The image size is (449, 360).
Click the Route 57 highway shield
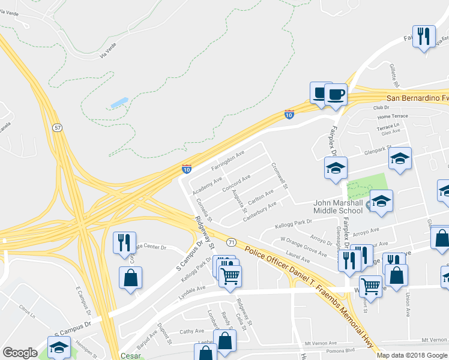coord(56,128)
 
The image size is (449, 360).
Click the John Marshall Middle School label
coord(338,206)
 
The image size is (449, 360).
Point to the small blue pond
coord(119,103)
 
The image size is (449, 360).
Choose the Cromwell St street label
coord(280,176)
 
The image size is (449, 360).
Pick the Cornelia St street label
coord(204,210)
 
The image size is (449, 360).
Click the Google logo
coord(20,353)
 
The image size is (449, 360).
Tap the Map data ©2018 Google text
coord(412,355)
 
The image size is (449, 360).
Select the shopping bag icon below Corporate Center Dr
coord(130,278)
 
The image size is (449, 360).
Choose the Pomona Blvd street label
coord(343,351)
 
